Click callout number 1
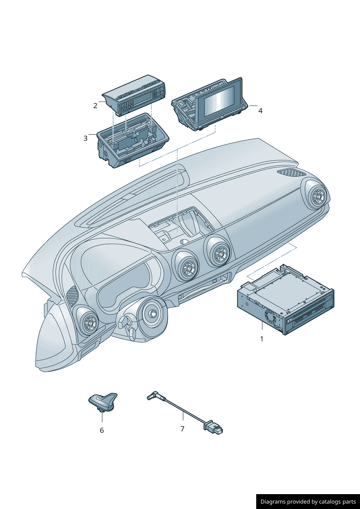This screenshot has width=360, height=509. tap(262, 339)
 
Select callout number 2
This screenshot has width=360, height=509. tap(95, 106)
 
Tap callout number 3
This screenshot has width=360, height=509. tap(86, 138)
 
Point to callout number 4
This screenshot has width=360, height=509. tap(260, 111)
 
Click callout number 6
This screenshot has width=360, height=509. tap(102, 430)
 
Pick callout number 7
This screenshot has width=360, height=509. tap(183, 429)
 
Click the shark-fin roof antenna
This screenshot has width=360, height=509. tap(103, 402)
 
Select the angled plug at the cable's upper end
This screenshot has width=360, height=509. tap(153, 395)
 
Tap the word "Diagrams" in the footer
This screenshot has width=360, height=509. tap(273, 502)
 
